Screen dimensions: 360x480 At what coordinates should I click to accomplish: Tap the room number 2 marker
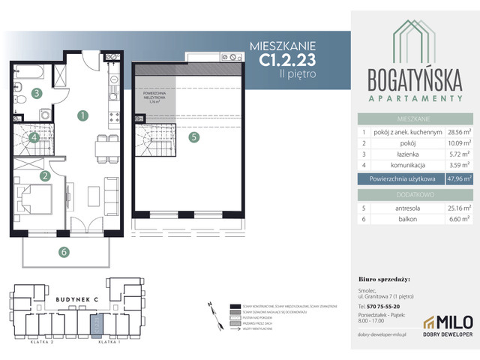(46, 176)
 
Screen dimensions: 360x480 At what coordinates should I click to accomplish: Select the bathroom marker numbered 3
(36, 94)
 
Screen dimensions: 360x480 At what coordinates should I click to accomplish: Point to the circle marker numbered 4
(34, 137)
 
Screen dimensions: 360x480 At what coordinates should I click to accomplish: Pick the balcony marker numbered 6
(65, 251)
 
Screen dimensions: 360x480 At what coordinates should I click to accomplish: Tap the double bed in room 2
(35, 200)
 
